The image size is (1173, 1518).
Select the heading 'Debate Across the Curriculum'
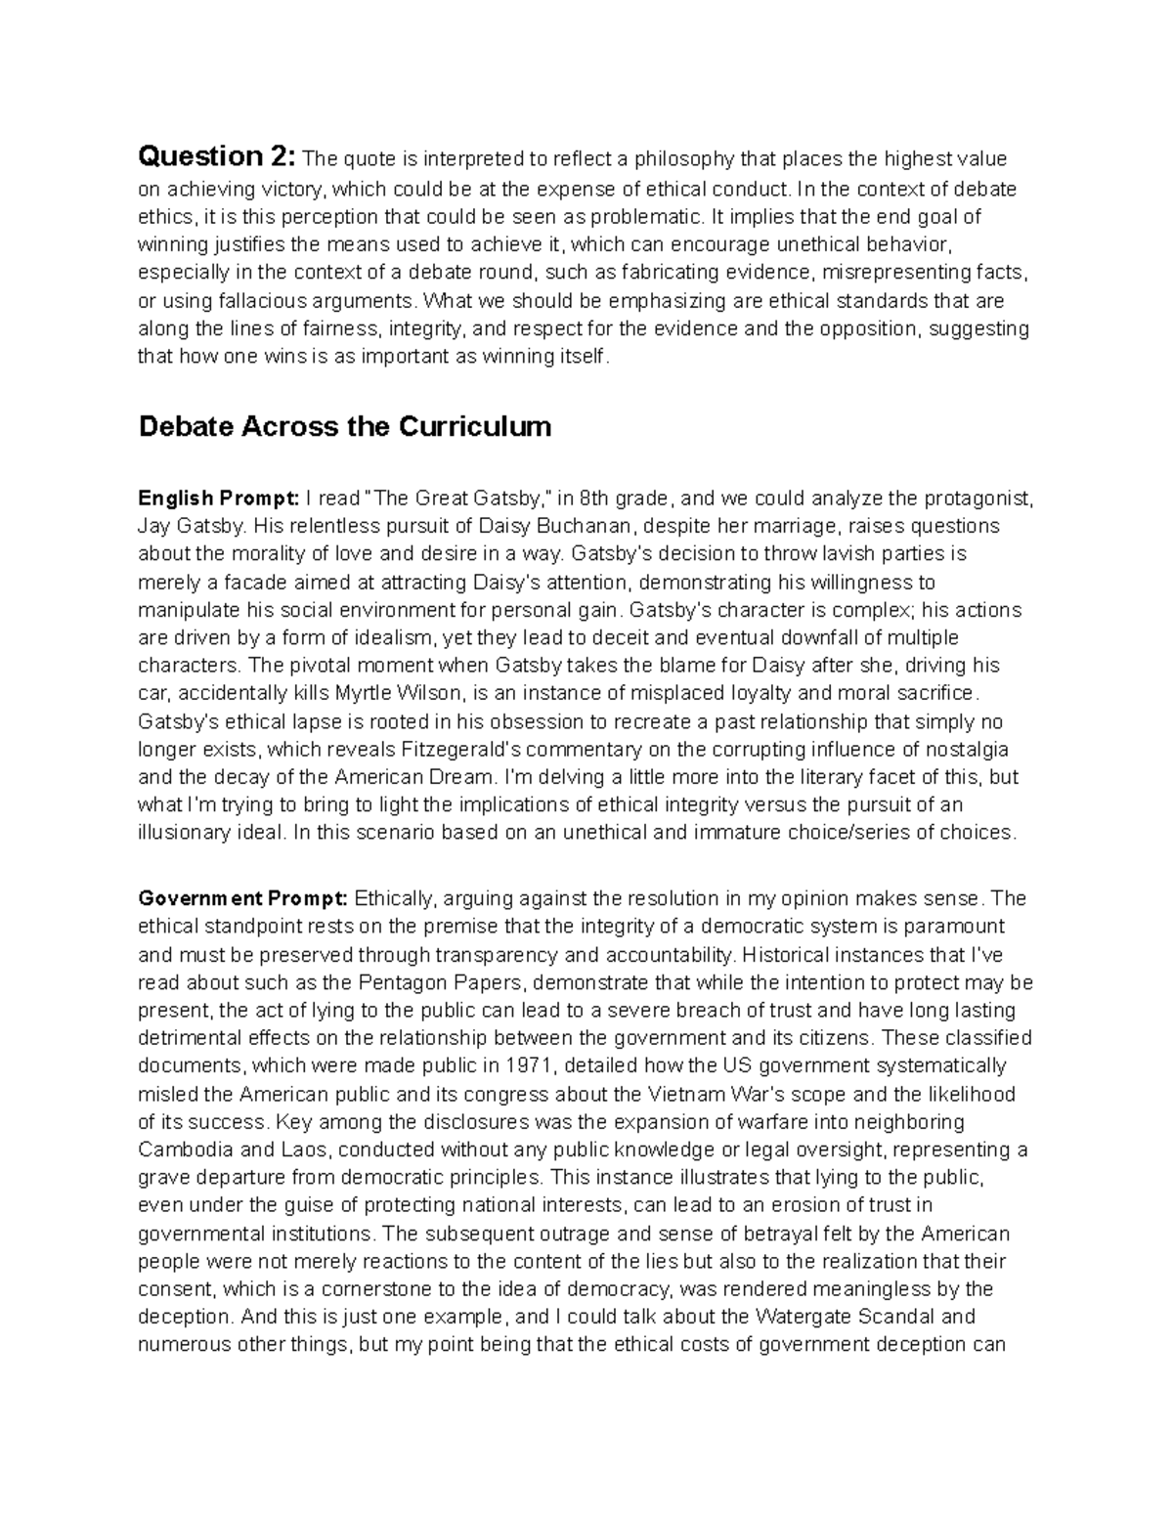(x=345, y=427)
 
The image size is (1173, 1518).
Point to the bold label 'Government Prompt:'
(x=242, y=898)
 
